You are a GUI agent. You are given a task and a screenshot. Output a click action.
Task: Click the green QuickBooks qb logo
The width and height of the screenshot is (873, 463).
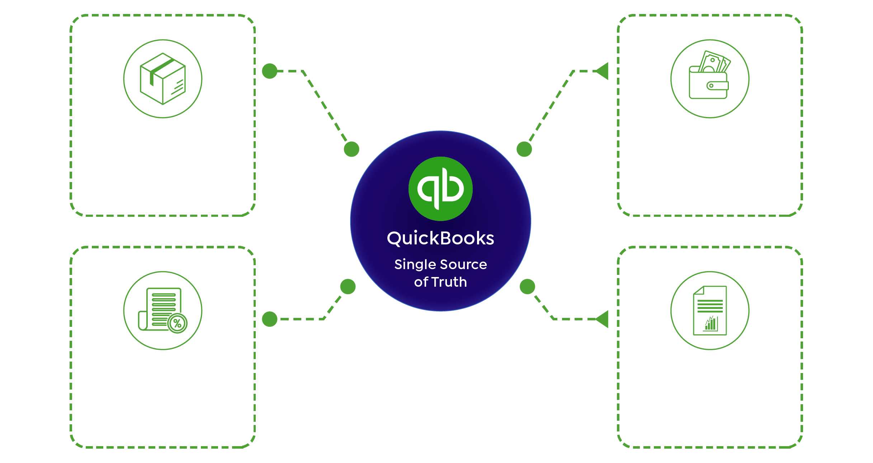click(x=440, y=188)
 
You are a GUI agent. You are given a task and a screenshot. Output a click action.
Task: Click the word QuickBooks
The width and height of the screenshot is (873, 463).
click(x=440, y=239)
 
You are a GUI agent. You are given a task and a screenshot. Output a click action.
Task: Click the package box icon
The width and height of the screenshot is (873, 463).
click(x=163, y=79)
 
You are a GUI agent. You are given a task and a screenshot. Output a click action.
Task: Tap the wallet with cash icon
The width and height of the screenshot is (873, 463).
click(x=709, y=75)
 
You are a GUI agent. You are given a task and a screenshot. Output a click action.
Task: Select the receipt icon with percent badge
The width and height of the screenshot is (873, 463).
click(x=163, y=310)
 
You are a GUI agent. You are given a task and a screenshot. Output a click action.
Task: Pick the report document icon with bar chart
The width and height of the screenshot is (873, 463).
click(x=710, y=310)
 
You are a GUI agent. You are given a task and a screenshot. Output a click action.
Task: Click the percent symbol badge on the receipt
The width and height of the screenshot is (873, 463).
click(x=177, y=323)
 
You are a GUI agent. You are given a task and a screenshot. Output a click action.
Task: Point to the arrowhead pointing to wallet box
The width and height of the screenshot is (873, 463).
click(x=602, y=71)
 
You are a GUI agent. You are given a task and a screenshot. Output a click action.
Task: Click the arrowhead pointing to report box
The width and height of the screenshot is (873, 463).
click(x=602, y=319)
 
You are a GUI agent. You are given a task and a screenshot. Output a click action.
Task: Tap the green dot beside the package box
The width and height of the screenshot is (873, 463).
click(x=270, y=71)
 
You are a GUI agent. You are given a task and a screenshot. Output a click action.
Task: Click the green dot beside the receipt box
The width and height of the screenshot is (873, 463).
click(x=270, y=319)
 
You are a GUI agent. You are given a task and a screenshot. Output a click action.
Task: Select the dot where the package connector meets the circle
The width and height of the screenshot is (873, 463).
click(x=351, y=149)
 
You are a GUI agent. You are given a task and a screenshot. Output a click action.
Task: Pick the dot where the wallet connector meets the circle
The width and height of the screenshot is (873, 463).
click(x=524, y=149)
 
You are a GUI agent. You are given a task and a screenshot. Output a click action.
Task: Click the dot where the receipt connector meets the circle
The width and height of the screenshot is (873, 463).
click(x=348, y=287)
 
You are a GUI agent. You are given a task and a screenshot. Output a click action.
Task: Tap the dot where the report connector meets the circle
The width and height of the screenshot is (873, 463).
click(x=527, y=287)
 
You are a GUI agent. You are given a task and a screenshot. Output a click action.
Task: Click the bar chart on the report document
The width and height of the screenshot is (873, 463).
click(x=711, y=324)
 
